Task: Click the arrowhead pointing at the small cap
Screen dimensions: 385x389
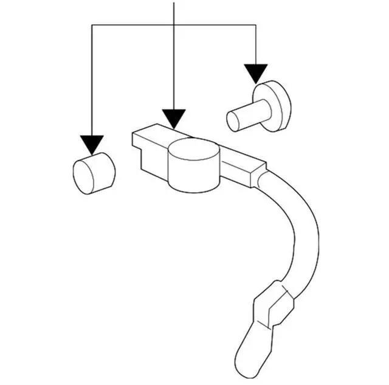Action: (x=92, y=144)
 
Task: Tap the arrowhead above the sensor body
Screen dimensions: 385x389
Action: (x=174, y=118)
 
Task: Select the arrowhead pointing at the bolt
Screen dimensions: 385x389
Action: (x=256, y=73)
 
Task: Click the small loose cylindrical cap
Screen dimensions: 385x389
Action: (x=94, y=173)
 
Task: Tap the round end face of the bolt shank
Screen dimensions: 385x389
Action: (x=233, y=121)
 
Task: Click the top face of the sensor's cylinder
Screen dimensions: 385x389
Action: (x=193, y=148)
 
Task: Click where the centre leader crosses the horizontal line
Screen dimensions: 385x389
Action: (x=174, y=25)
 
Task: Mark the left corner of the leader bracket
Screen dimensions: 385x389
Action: (x=92, y=25)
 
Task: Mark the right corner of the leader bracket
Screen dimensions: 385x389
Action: (x=255, y=25)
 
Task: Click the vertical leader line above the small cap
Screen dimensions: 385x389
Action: (x=92, y=79)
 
